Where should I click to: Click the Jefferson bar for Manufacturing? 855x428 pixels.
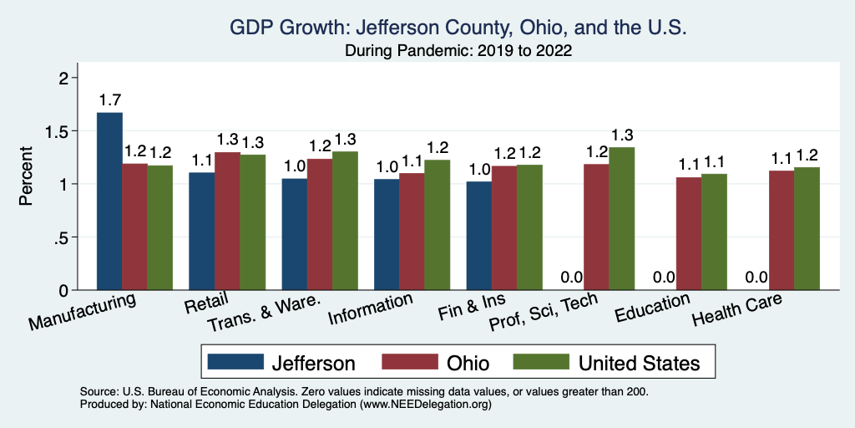pyautogui.click(x=109, y=201)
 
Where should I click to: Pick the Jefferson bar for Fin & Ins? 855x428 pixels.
pyautogui.click(x=479, y=236)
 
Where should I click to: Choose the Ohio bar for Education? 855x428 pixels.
pyautogui.click(x=689, y=233)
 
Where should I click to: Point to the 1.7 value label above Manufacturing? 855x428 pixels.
pyautogui.click(x=109, y=100)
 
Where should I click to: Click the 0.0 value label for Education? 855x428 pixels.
pyautogui.click(x=663, y=278)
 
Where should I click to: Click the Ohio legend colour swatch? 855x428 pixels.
pyautogui.click(x=411, y=362)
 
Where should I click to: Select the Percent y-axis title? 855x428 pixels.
pyautogui.click(x=27, y=176)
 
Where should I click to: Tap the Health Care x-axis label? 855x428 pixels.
pyautogui.click(x=737, y=311)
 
